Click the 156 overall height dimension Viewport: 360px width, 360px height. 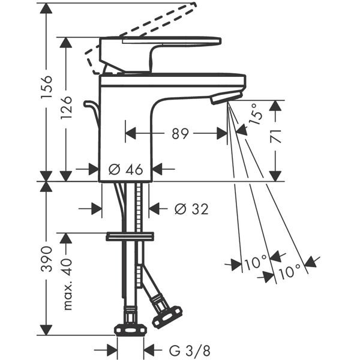pos(47,87)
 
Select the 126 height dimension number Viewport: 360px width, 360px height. pos(67,107)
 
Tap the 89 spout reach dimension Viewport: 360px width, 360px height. pos(180,134)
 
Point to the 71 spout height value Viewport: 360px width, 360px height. pos(276,136)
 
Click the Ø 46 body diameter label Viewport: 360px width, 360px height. pos(126,169)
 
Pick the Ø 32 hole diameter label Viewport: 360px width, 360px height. pos(191,209)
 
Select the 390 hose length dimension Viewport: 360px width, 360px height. pos(47,259)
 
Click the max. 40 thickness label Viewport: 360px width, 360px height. pos(67,284)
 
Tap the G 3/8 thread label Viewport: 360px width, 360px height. pos(190,350)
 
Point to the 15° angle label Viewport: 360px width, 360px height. pos(257,114)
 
